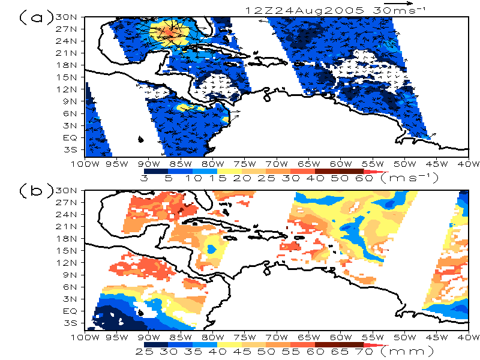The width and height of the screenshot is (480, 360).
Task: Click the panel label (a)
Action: coord(36,17)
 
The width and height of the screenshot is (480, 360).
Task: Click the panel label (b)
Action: coord(36,190)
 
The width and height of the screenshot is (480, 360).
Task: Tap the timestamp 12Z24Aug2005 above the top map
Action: coord(305,11)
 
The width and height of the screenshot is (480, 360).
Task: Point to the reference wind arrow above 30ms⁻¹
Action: coord(398,4)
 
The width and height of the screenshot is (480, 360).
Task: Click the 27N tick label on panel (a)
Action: coord(66,29)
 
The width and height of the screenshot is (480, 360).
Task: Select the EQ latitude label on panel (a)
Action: coord(70,138)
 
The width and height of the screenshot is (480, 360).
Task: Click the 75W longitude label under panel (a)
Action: coord(246,164)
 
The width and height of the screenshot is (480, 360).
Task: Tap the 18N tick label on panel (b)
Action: coord(66,238)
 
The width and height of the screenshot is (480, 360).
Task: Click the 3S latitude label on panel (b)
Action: coord(70,323)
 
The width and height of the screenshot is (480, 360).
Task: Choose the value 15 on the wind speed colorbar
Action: coord(217,178)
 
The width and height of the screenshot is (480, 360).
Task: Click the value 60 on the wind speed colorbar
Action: coord(364,178)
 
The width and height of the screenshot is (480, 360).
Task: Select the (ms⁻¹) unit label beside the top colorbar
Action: coord(410,178)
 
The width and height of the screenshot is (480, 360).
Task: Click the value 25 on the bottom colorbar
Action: coord(144,352)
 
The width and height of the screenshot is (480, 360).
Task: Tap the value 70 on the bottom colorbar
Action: coord(364,352)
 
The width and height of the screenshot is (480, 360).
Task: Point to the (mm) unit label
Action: coord(408,351)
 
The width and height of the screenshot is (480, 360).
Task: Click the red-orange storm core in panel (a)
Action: coord(169,32)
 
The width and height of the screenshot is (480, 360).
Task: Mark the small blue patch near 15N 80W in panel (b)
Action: coord(212,248)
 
